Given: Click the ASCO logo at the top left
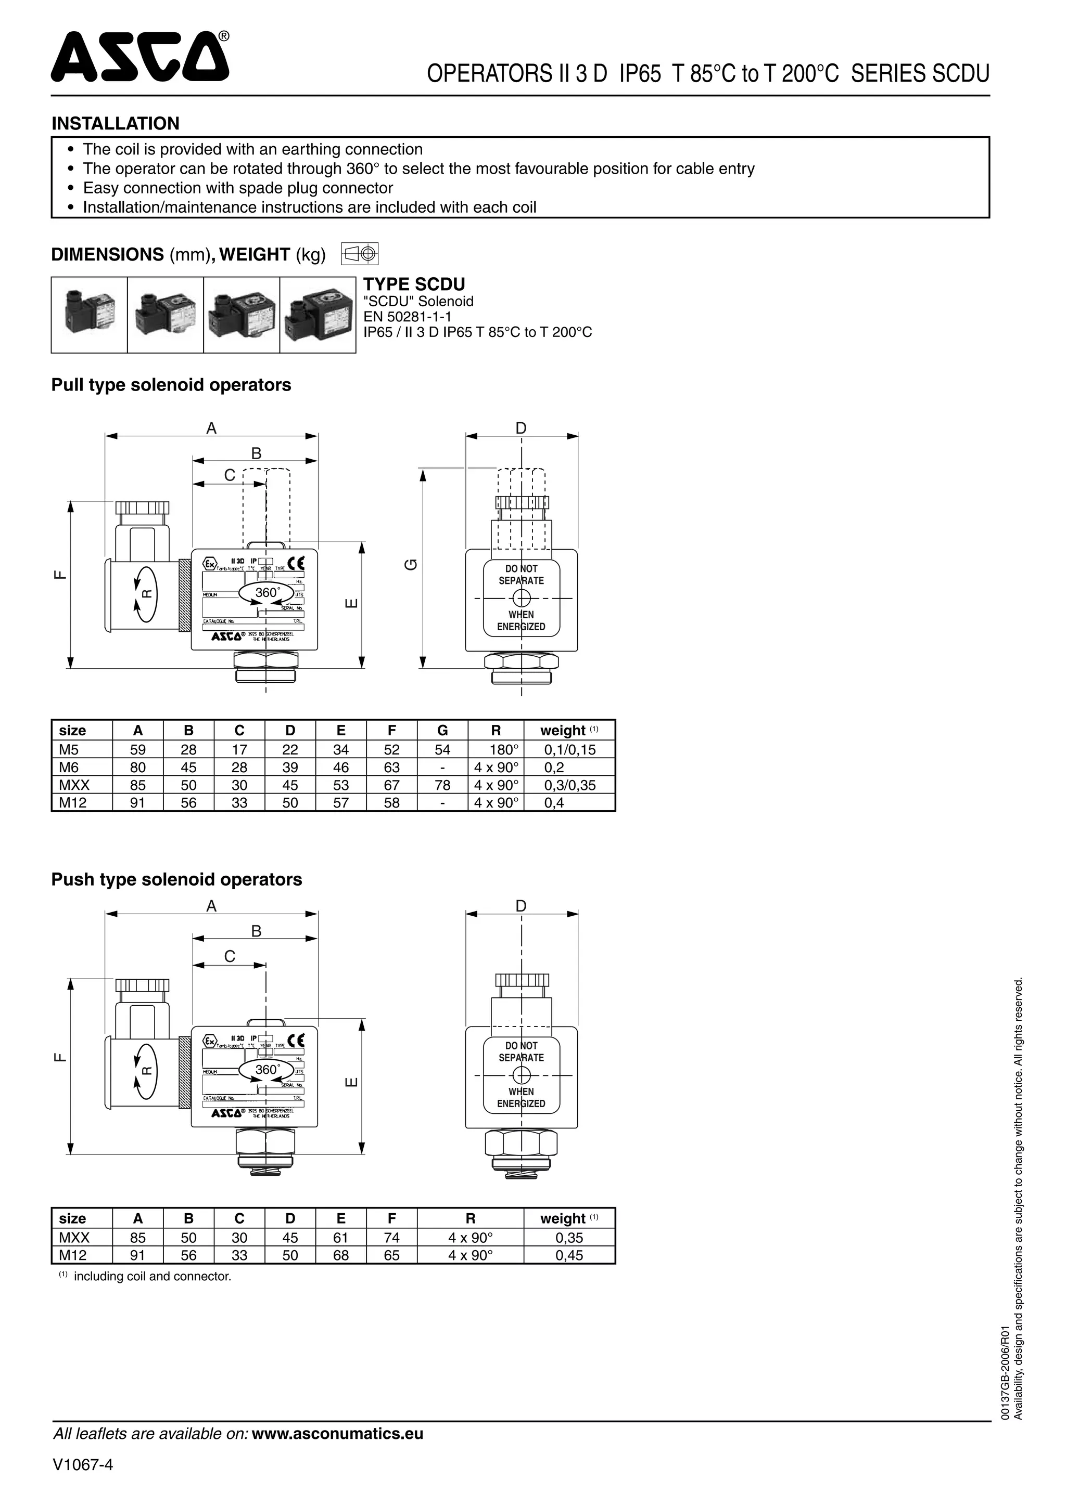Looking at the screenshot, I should (x=140, y=57).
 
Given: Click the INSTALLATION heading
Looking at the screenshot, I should (x=115, y=123).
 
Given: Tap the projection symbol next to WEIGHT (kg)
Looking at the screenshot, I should (x=360, y=253).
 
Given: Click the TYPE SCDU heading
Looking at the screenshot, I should (x=414, y=284).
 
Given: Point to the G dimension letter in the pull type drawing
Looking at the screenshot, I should (x=412, y=564).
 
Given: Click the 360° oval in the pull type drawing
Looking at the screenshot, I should (x=266, y=593).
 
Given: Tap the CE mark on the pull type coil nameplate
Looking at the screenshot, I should (x=296, y=564).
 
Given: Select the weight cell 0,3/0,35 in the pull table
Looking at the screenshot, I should (x=569, y=785).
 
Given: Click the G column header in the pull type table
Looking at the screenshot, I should (x=442, y=731).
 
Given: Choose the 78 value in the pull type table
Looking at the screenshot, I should (x=442, y=785).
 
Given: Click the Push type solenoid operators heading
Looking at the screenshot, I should (x=176, y=879).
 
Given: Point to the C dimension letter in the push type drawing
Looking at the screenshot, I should (x=229, y=956).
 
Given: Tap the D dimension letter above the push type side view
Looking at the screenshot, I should (x=521, y=906).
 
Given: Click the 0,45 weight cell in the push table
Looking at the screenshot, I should (x=569, y=1255).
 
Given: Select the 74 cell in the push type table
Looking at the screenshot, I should (x=391, y=1237).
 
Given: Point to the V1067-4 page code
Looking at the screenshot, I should (x=83, y=1465).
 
